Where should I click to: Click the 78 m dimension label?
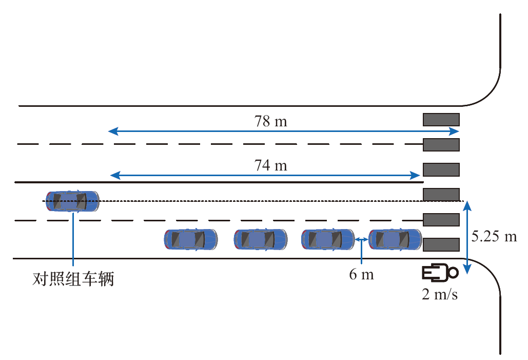pyautogui.click(x=270, y=121)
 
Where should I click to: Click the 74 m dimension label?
pyautogui.click(x=270, y=166)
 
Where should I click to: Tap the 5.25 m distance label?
pyautogui.click(x=494, y=237)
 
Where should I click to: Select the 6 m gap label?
pyautogui.click(x=361, y=274)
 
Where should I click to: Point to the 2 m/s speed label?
pyautogui.click(x=439, y=295)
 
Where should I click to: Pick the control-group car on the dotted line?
pyautogui.click(x=72, y=201)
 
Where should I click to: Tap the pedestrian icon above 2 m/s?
pyautogui.click(x=439, y=273)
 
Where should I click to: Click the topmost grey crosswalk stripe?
pyautogui.click(x=441, y=120)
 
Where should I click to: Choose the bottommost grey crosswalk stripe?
pyautogui.click(x=441, y=244)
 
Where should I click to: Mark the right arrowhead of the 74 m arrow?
pyautogui.click(x=417, y=176)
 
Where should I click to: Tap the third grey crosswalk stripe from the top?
pyautogui.click(x=441, y=169)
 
